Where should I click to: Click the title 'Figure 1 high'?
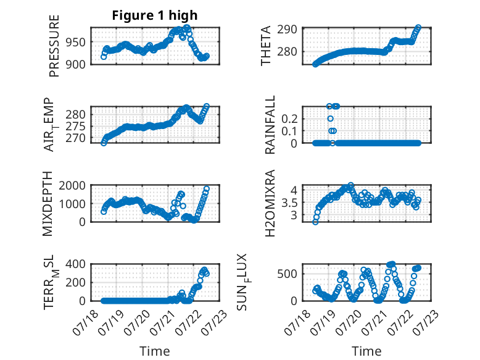155,15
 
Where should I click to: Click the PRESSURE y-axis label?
54,46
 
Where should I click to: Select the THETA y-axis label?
266,46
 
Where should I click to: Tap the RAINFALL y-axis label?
270,125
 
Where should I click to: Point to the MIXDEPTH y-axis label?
48,204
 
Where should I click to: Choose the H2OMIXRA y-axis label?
270,203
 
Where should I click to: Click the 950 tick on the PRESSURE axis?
76,42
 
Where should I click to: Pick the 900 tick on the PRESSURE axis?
76,64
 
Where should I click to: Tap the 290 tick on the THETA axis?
287,30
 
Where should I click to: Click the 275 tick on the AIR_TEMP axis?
76,126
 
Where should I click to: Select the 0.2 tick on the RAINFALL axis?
289,119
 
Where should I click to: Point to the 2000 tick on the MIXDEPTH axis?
72,185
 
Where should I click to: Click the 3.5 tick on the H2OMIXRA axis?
289,203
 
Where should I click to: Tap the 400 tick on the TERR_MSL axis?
76,264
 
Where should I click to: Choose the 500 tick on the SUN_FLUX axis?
287,274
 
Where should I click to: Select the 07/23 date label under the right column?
426,322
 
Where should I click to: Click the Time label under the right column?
366,351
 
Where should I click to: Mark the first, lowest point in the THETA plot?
315,64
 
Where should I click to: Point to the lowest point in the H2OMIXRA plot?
315,222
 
